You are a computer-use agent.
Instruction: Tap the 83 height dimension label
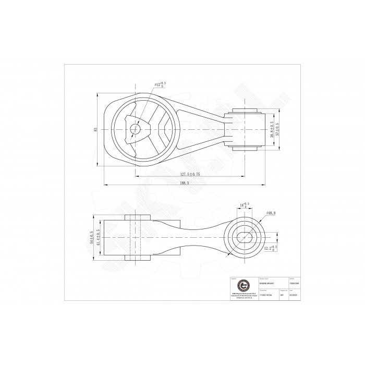pyautogui.click(x=95, y=129)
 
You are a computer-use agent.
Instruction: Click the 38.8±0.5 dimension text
pyautogui.click(x=271, y=129)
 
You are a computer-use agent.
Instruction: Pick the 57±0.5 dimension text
pyautogui.click(x=277, y=129)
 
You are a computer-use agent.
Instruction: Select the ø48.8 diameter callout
pyautogui.click(x=271, y=213)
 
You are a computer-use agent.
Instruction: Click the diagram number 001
pyautogui.click(x=282, y=295)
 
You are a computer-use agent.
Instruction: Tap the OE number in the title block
pyautogui.click(x=260, y=295)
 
